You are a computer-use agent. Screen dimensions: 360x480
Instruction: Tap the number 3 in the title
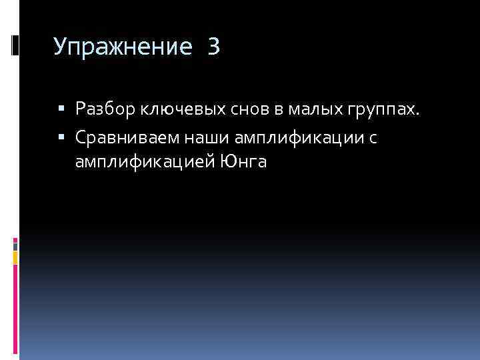pyautogui.click(x=213, y=47)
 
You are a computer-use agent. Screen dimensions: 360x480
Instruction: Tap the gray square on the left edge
pyautogui.click(x=15, y=245)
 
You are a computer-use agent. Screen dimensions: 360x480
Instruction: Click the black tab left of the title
pyautogui.click(x=15, y=45)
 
